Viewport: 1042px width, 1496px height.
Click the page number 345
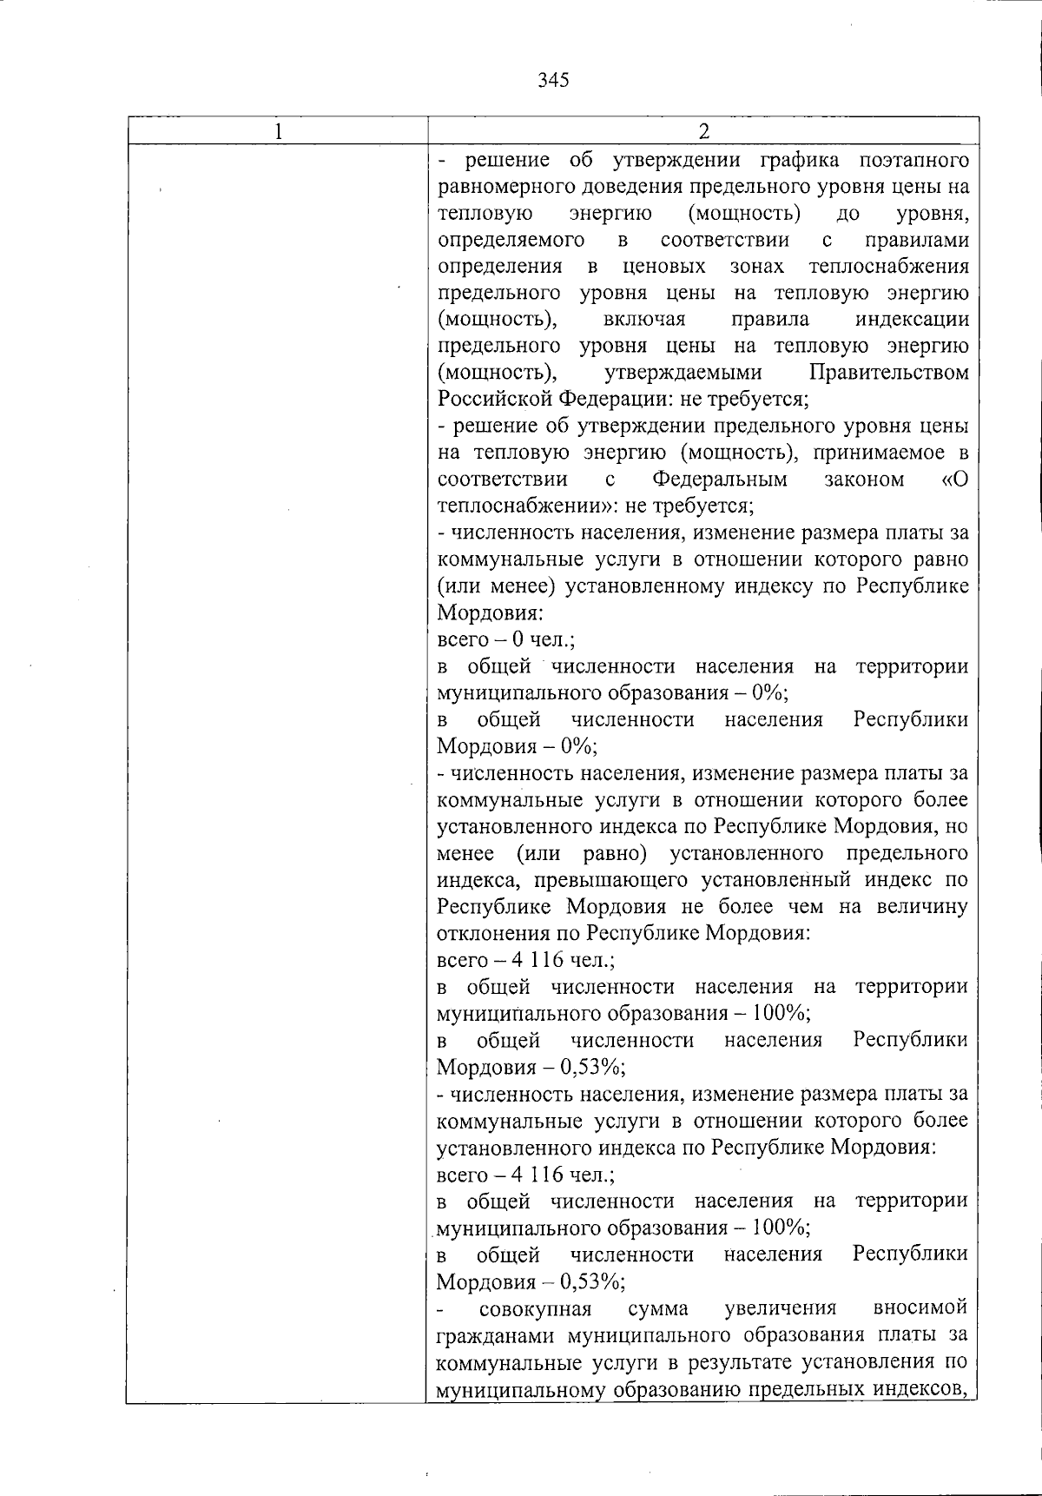553,81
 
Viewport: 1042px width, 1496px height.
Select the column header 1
278,131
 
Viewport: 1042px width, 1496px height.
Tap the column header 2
704,131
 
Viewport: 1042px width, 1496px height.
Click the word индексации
912,320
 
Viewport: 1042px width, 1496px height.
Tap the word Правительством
888,373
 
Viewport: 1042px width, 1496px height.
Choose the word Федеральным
720,480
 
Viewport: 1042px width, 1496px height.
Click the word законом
864,480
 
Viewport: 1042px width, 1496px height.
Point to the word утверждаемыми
683,373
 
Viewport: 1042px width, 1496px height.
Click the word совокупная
535,1308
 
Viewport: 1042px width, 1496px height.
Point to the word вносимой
920,1308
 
